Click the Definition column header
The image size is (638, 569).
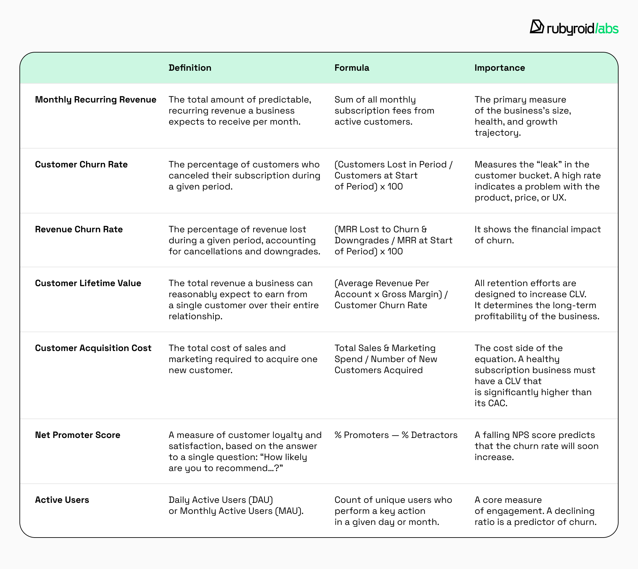pyautogui.click(x=190, y=68)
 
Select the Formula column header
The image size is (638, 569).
pyautogui.click(x=352, y=68)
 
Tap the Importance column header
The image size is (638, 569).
pyautogui.click(x=500, y=68)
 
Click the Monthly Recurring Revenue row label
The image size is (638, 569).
pyautogui.click(x=96, y=100)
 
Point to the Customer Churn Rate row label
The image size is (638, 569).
pyautogui.click(x=81, y=164)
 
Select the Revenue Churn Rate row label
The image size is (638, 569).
pyautogui.click(x=79, y=229)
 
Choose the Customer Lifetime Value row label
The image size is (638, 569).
pyautogui.click(x=88, y=283)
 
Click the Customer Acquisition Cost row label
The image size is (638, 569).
pyautogui.click(x=93, y=348)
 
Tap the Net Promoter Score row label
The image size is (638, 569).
pyautogui.click(x=77, y=435)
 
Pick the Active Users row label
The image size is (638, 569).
pyautogui.click(x=62, y=500)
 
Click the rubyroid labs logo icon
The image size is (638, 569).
pyautogui.click(x=537, y=27)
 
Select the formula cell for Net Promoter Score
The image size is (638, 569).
pyautogui.click(x=396, y=435)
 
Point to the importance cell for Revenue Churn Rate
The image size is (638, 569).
pyautogui.click(x=538, y=235)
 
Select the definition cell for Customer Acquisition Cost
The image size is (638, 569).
pyautogui.click(x=243, y=359)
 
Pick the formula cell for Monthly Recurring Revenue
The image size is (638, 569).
pyautogui.click(x=384, y=111)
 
